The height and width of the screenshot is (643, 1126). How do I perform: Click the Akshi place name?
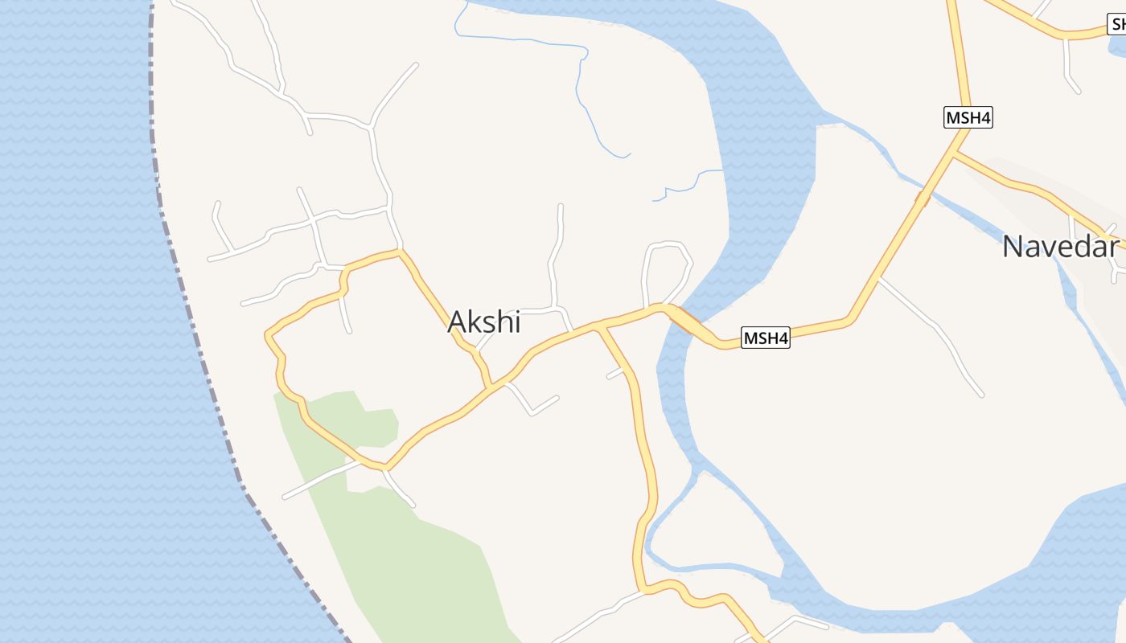click(484, 321)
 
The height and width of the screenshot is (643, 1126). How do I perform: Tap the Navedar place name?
click(1060, 246)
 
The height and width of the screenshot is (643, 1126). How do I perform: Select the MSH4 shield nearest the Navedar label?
click(968, 117)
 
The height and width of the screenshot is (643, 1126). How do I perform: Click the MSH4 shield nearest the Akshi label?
click(765, 338)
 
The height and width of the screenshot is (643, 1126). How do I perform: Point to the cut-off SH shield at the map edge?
click(1119, 24)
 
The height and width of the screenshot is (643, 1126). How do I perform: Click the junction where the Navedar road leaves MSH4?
click(955, 154)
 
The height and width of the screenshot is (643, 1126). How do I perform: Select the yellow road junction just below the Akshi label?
click(490, 389)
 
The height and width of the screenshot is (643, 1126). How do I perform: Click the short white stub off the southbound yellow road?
click(615, 373)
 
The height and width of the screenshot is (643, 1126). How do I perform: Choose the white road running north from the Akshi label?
click(555, 257)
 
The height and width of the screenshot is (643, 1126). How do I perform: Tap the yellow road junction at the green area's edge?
click(385, 466)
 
